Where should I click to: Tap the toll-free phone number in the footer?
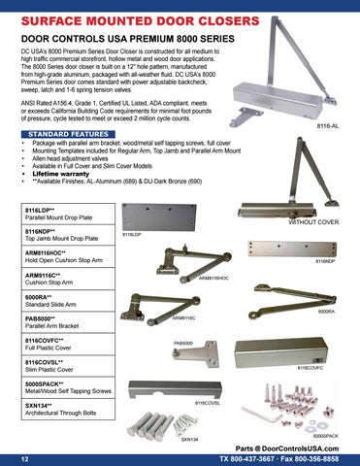(x=247, y=459)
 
